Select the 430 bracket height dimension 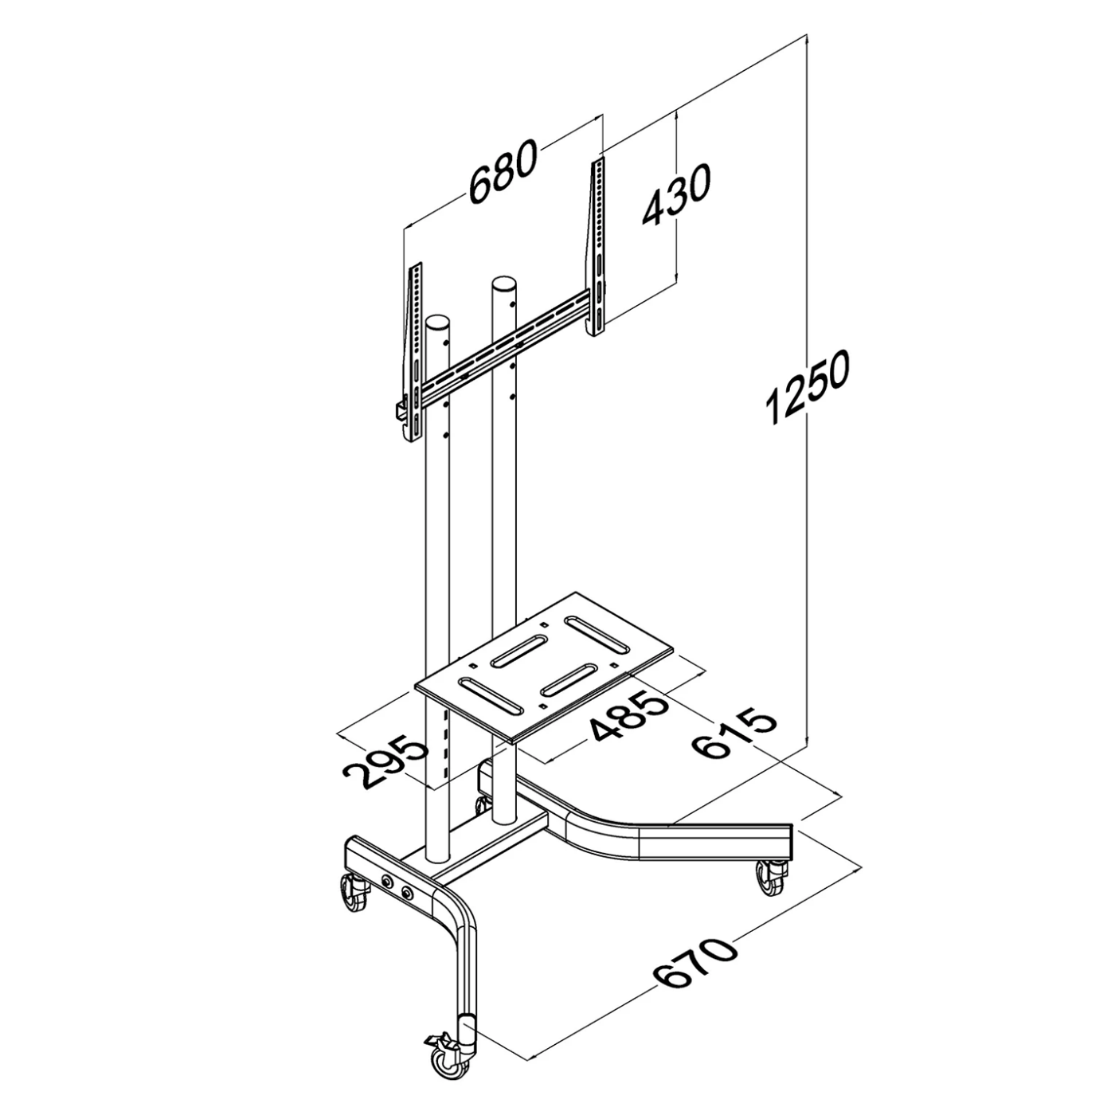[675, 196]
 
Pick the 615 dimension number [734, 734]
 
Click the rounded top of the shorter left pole [438, 323]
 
